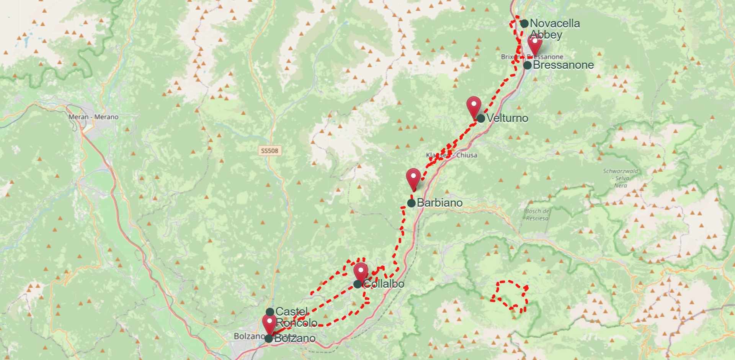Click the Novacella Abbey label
click(554, 29)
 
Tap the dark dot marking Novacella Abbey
click(524, 23)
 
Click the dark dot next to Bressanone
click(528, 65)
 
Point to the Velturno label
click(507, 118)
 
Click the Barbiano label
click(439, 203)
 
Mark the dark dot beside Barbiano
click(411, 203)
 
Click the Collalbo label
click(384, 284)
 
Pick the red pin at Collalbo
click(361, 272)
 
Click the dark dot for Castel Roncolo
click(270, 312)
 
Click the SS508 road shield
click(269, 151)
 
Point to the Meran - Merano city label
click(93, 117)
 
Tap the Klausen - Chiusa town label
click(452, 155)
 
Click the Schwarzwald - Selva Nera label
click(621, 178)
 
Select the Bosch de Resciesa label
click(537, 214)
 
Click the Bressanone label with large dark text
click(563, 65)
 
